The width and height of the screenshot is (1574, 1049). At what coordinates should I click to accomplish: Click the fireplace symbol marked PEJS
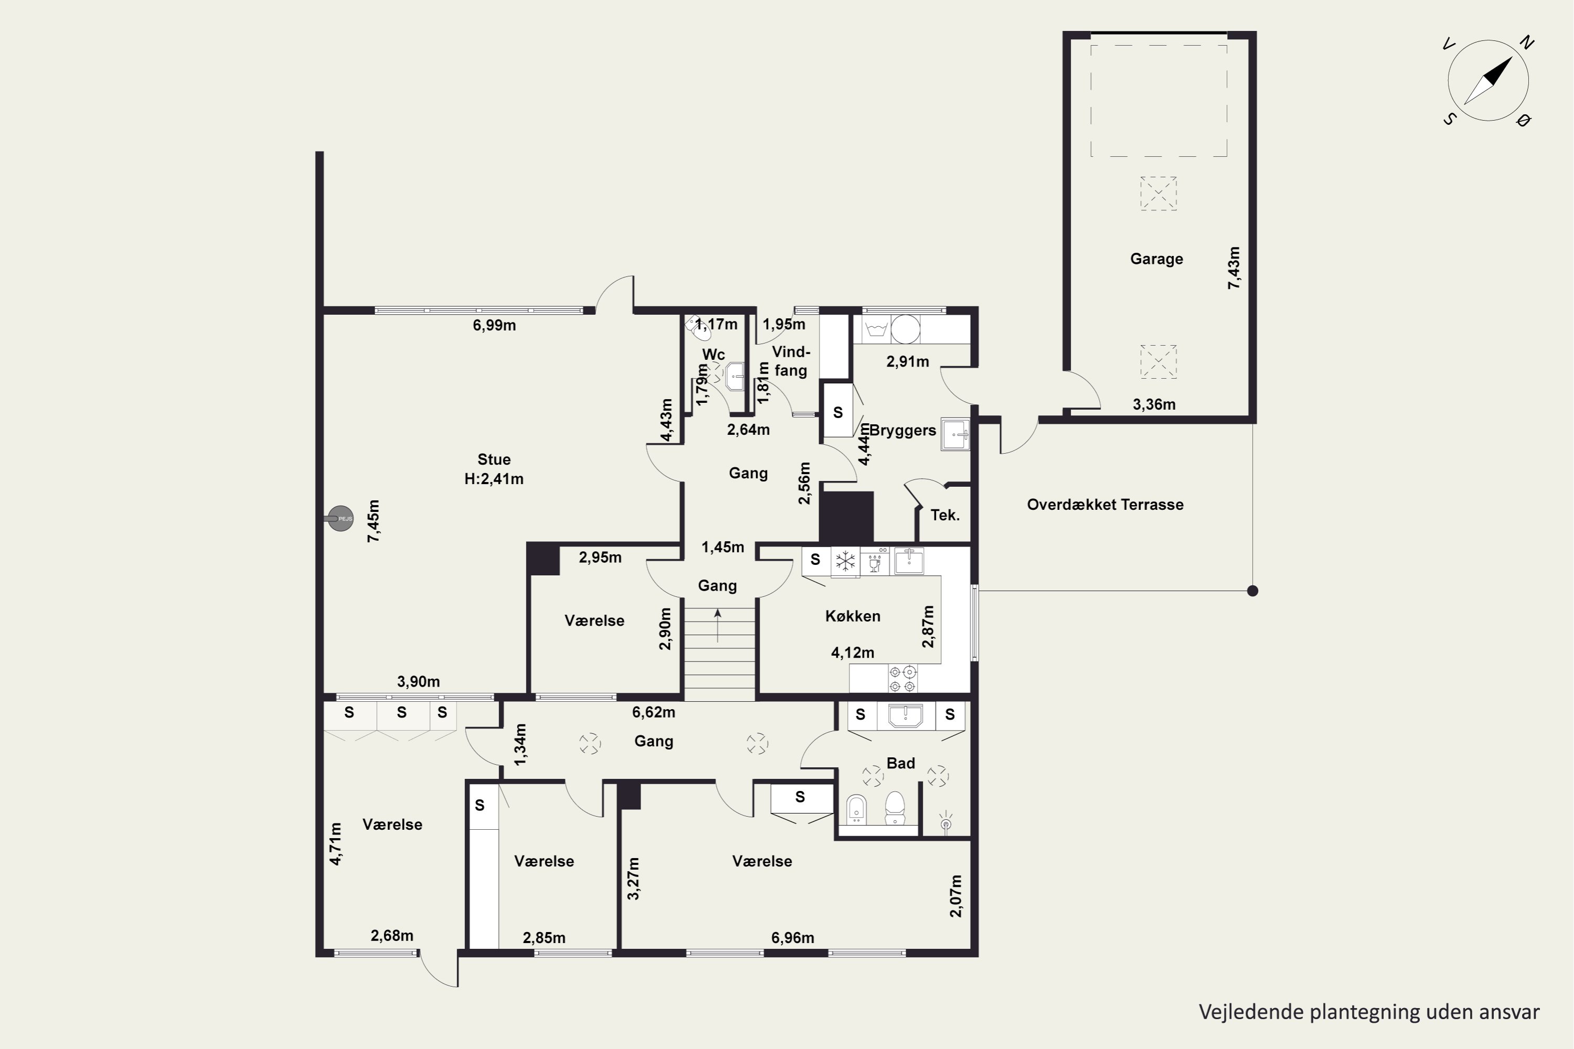tap(340, 519)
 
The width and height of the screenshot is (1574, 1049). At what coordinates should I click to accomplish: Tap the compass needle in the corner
tap(1488, 80)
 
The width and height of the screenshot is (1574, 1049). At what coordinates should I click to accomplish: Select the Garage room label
tap(1156, 259)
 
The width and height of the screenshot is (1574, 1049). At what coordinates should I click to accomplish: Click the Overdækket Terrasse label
tap(1105, 505)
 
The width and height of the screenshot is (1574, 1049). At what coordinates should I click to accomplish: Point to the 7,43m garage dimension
tap(1233, 267)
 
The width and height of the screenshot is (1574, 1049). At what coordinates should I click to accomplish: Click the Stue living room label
tap(494, 459)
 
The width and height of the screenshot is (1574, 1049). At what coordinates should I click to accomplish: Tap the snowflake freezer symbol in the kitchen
tap(845, 561)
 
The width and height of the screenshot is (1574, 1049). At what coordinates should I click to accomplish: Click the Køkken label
tap(853, 616)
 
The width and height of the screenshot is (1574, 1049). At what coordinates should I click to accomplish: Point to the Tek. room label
tap(945, 515)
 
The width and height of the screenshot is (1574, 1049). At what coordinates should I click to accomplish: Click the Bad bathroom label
tap(901, 763)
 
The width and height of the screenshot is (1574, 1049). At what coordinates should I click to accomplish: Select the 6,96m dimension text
tap(792, 938)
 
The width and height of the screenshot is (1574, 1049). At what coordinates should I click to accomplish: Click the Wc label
tap(714, 354)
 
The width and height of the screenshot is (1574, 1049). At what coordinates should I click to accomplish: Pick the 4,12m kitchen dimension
tap(853, 652)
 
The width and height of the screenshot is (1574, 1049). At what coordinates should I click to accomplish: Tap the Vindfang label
tap(791, 361)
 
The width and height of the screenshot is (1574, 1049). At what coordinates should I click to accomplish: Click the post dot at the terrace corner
tap(1253, 591)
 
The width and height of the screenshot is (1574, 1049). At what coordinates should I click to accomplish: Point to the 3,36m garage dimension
tap(1154, 404)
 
